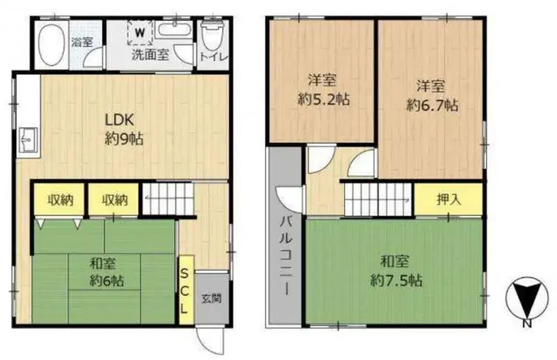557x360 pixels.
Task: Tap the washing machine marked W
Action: [141, 32]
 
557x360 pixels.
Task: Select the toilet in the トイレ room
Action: [210, 36]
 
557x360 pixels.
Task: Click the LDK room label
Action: [120, 118]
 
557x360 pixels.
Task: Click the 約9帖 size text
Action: [124, 139]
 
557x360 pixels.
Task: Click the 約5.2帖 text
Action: [323, 99]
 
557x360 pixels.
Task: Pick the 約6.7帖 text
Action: [432, 106]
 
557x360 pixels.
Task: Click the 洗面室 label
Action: [150, 56]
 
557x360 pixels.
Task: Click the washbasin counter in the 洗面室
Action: [174, 30]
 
